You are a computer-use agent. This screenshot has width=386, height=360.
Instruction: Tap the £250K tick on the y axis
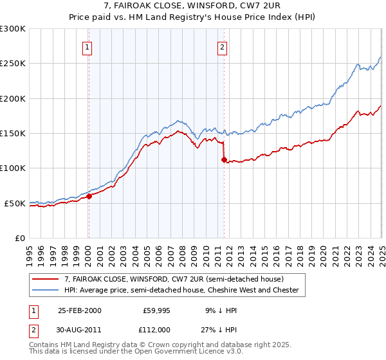pos(13,64)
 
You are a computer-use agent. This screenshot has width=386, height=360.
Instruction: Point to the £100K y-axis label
pos(13,168)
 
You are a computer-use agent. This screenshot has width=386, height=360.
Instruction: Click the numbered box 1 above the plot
pos(86,46)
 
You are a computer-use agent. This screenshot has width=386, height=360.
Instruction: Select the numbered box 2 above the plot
pos(222,46)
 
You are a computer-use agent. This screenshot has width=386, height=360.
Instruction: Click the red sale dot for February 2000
pos(89,197)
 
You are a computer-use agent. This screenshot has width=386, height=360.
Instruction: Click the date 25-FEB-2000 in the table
pos(79,310)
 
